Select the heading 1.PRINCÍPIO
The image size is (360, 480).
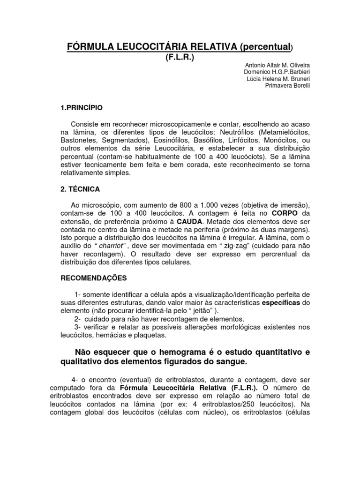82,108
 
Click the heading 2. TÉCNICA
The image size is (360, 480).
80,189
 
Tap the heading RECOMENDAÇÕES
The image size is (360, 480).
94,278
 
